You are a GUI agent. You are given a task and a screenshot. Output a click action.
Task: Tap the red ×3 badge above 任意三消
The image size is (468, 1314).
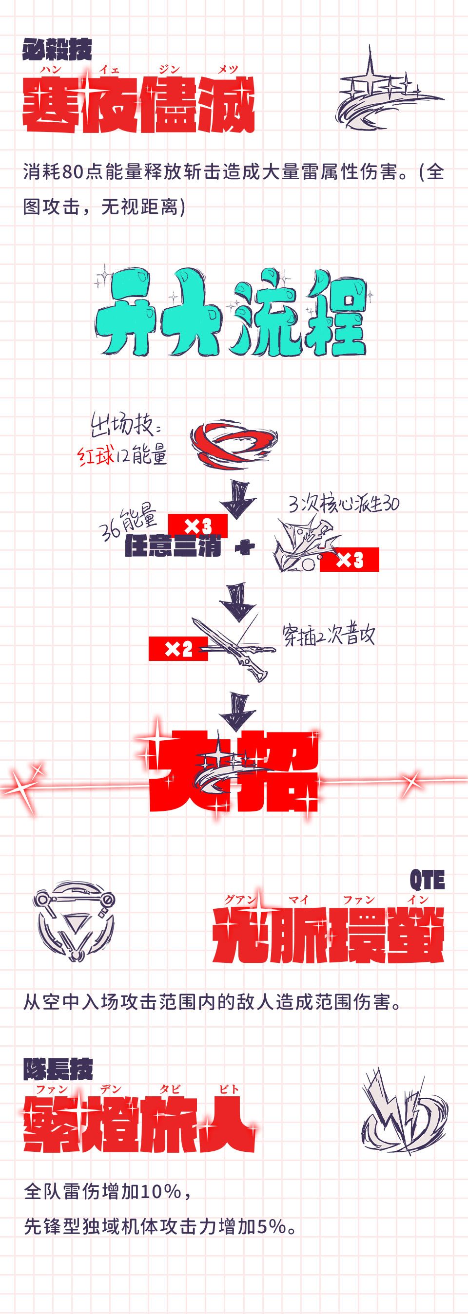pyautogui.click(x=197, y=525)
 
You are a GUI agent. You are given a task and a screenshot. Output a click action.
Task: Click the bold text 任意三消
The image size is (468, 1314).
pyautogui.click(x=173, y=548)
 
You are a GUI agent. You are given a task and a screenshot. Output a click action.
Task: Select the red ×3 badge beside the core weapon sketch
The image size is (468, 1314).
pyautogui.click(x=350, y=560)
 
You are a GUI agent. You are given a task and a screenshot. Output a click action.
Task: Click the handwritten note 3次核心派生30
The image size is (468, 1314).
pyautogui.click(x=344, y=504)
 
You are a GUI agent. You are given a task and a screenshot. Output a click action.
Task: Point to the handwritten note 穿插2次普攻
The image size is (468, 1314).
pyautogui.click(x=329, y=636)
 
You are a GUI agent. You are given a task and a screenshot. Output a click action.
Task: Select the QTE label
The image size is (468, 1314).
pyautogui.click(x=427, y=880)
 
